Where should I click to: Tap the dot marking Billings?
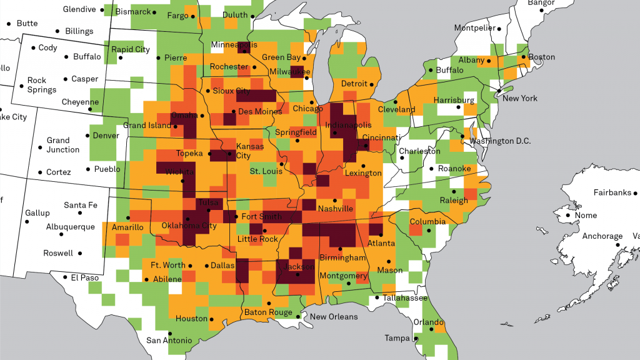click(x=57, y=31)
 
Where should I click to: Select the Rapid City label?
click(x=130, y=49)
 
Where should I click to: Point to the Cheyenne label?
click(x=80, y=102)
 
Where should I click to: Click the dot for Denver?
click(x=87, y=136)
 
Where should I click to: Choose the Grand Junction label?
click(x=62, y=145)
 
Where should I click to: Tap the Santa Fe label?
click(x=81, y=205)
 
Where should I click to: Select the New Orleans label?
click(x=334, y=317)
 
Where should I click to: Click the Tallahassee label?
click(x=406, y=298)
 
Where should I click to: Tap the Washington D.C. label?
click(x=500, y=141)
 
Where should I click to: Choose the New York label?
click(x=519, y=98)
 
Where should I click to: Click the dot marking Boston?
click(x=525, y=57)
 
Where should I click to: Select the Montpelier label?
click(x=474, y=27)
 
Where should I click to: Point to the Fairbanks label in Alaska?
click(x=612, y=192)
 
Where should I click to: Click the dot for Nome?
click(x=568, y=216)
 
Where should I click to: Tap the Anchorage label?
click(x=602, y=236)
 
